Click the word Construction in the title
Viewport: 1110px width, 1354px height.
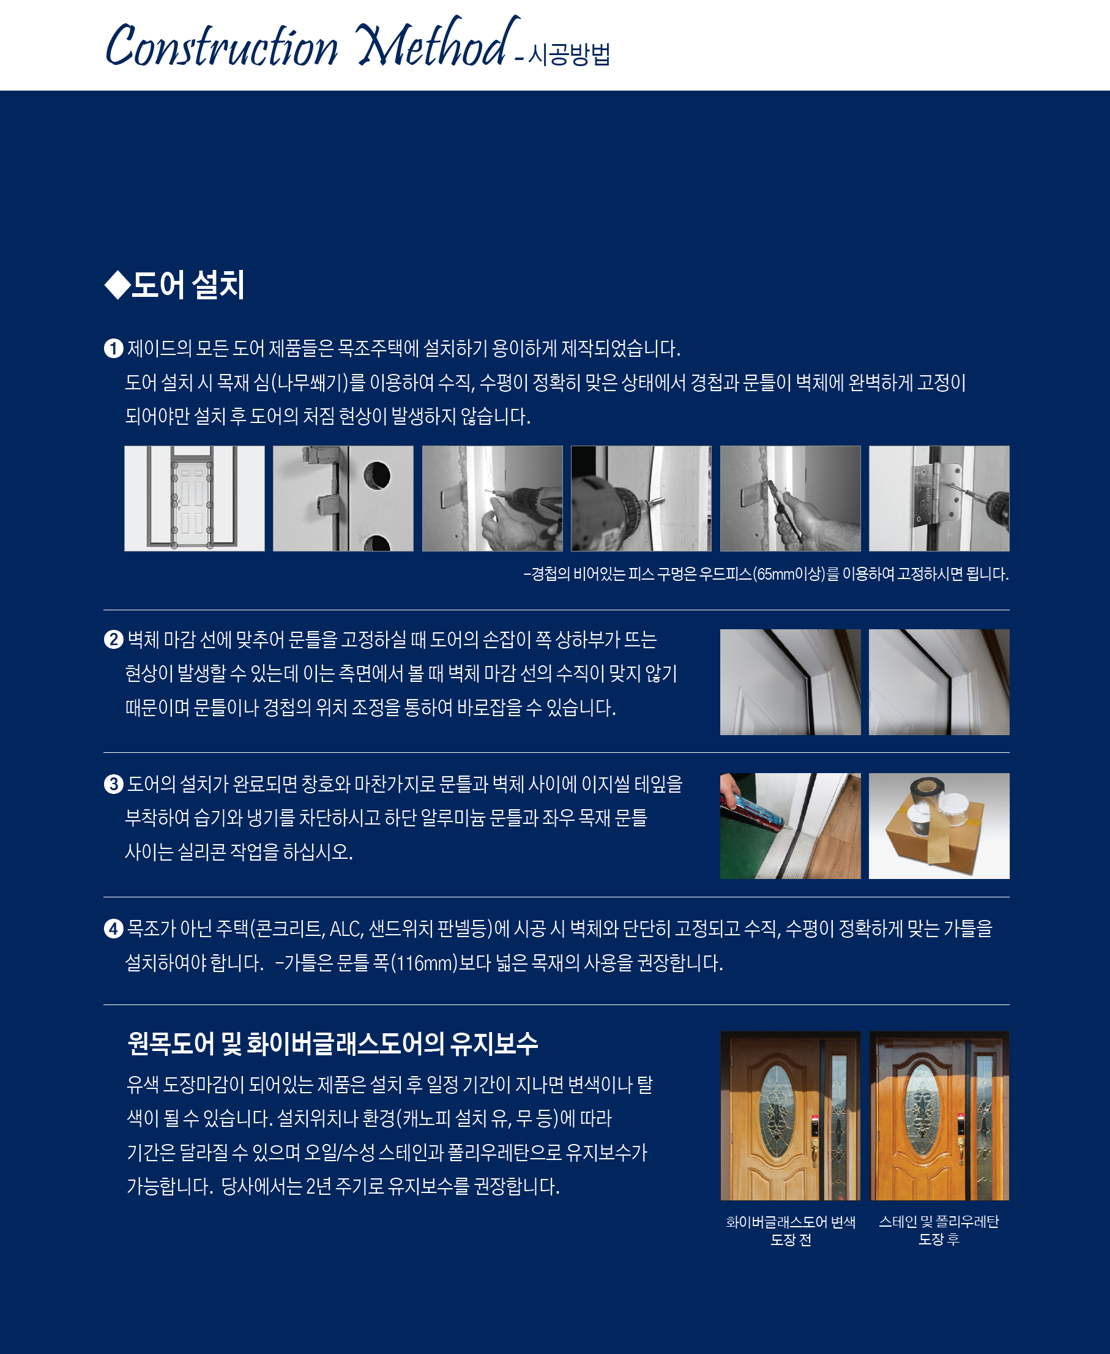pos(222,45)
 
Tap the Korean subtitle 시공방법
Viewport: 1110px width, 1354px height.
pos(569,54)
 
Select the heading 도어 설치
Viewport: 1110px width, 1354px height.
pos(188,285)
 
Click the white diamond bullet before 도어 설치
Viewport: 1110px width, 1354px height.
pos(117,285)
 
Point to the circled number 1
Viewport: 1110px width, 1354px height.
pos(113,348)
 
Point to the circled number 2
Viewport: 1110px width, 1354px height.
pos(113,640)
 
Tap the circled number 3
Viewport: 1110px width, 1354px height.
pos(113,784)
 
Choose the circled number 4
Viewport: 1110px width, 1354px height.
pos(113,929)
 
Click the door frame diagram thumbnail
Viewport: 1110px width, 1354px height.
pos(195,498)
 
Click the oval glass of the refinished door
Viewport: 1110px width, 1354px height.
pos(923,1110)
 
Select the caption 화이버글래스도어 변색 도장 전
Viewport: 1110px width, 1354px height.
pos(791,1230)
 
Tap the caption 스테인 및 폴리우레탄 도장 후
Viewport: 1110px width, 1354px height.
pos(939,1230)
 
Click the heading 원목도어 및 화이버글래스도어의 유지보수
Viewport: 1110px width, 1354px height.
pos(332,1044)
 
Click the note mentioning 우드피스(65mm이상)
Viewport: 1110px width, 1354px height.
pos(766,574)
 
